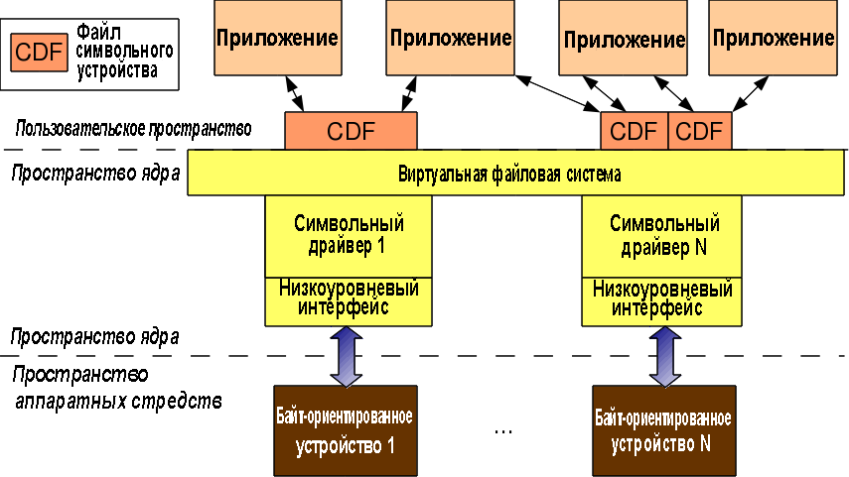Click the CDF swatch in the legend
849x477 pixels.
(39, 53)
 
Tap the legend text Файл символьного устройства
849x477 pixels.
(124, 52)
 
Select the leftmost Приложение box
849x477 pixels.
(278, 38)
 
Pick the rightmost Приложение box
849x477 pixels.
(774, 38)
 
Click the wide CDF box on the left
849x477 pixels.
(351, 131)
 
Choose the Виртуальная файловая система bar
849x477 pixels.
(515, 174)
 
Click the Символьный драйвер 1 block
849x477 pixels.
(349, 236)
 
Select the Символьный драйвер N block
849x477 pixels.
(661, 236)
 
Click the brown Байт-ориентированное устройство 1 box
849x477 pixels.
(346, 430)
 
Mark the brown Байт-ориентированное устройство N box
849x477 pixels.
(664, 430)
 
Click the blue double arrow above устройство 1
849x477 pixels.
(347, 356)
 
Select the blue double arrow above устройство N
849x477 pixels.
(665, 356)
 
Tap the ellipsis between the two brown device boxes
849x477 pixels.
(503, 431)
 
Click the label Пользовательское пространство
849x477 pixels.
(133, 129)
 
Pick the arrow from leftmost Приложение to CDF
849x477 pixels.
(295, 93)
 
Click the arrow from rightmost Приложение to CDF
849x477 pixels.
(751, 93)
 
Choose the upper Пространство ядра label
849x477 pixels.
(95, 174)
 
